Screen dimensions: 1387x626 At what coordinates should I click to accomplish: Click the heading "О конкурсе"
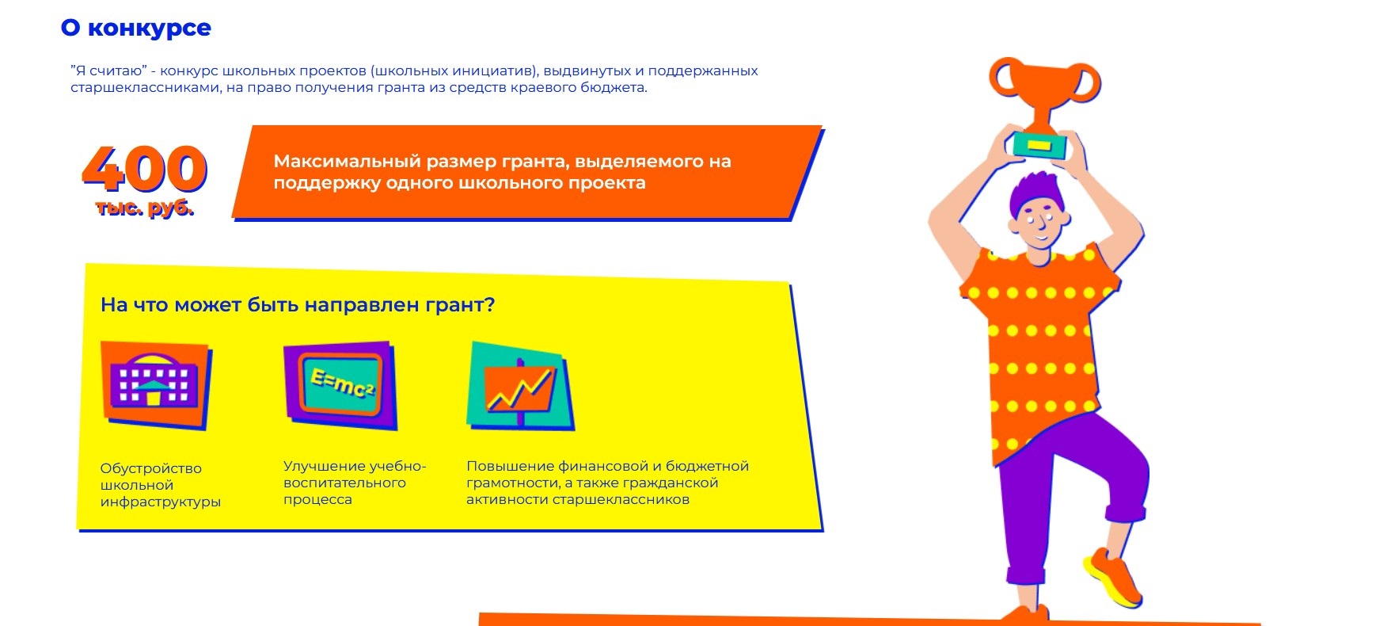point(136,29)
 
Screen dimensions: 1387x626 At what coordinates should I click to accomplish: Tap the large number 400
point(145,168)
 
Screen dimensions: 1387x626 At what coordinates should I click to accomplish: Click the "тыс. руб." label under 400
point(145,208)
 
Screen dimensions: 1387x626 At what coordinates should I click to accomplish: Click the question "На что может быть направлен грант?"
point(298,305)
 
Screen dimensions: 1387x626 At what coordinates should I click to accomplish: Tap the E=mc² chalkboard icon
point(340,386)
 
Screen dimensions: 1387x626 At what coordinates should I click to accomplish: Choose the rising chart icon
point(521,386)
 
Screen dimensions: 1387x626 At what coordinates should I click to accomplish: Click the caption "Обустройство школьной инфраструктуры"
point(161,485)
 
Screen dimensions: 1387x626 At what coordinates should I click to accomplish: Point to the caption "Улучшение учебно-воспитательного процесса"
point(355,483)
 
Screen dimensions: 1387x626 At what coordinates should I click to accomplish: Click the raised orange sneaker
point(1113,577)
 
